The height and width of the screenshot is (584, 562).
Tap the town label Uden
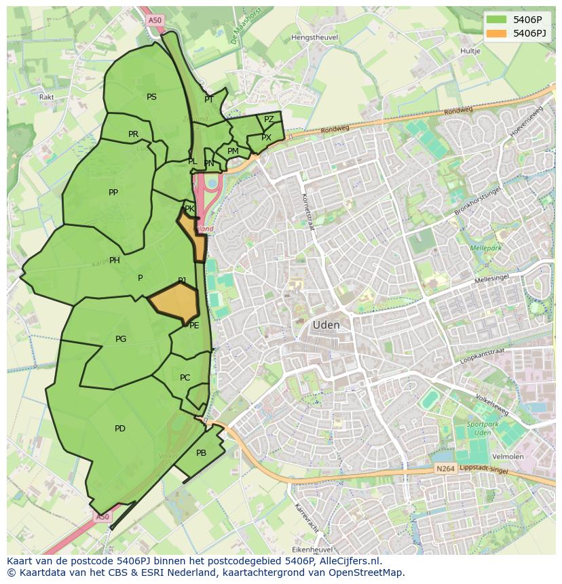tap(326, 325)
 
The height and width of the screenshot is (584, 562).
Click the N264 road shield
tap(445, 469)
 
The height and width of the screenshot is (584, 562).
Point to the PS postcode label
tap(151, 97)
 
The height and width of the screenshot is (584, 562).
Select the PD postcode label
tap(120, 429)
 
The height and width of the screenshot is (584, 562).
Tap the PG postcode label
tap(121, 339)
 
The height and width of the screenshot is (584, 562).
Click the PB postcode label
tap(201, 453)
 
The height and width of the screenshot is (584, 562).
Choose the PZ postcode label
tap(269, 119)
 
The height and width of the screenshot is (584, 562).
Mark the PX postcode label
tap(266, 138)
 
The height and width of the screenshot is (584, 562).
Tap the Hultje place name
tap(470, 51)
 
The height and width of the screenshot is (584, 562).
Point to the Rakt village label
tap(47, 97)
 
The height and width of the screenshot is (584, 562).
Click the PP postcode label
tap(113, 193)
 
